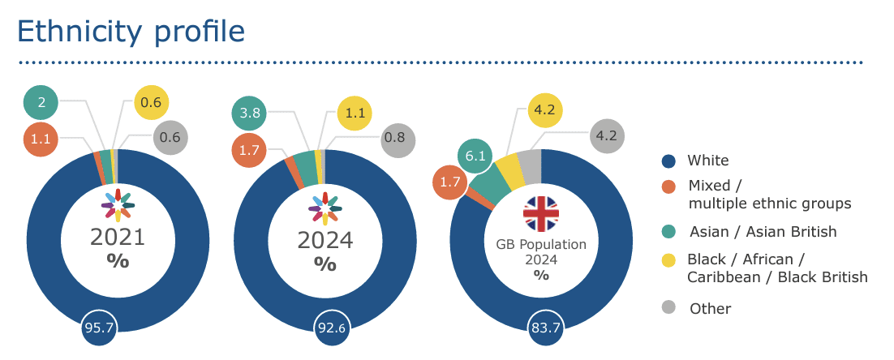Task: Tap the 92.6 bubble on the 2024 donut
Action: click(325, 328)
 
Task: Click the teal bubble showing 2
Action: click(42, 102)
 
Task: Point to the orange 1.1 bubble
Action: click(41, 138)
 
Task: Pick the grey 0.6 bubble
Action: click(170, 138)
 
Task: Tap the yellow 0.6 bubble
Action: click(151, 102)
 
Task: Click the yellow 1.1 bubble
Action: click(355, 114)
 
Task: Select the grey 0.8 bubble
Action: click(396, 137)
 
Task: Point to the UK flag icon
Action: click(541, 213)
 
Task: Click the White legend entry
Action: click(707, 161)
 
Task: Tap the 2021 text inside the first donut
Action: click(118, 238)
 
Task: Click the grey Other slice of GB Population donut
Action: click(530, 165)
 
